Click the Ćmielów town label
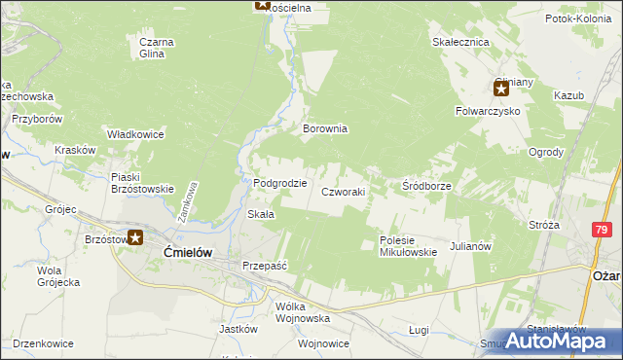(x=180, y=250)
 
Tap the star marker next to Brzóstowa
(x=136, y=237)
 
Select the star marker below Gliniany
(x=501, y=90)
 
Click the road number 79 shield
(x=603, y=229)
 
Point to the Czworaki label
(x=344, y=193)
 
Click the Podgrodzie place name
(x=280, y=183)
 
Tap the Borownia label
(x=325, y=128)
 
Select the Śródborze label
(x=425, y=185)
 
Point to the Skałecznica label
(x=459, y=43)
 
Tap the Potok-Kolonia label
(x=578, y=18)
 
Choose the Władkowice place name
(x=134, y=134)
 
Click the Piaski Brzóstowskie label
(x=142, y=183)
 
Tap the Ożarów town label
(x=606, y=275)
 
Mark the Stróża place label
(x=543, y=225)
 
